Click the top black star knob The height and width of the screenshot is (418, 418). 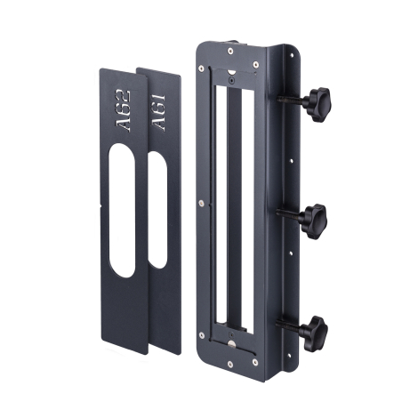coord(318,104)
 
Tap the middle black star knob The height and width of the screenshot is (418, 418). coord(314,221)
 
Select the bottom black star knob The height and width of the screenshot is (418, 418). coord(315,334)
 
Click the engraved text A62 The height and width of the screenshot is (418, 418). coord(123,110)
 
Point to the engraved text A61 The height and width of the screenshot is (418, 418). coord(157,113)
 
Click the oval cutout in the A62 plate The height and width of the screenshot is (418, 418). coord(122,211)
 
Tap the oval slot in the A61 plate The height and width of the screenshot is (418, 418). coord(157,210)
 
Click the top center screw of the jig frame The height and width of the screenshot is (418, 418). coord(230,51)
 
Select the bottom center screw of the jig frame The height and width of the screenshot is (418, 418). coord(230,364)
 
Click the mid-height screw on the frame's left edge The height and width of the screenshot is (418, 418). coord(201,203)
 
